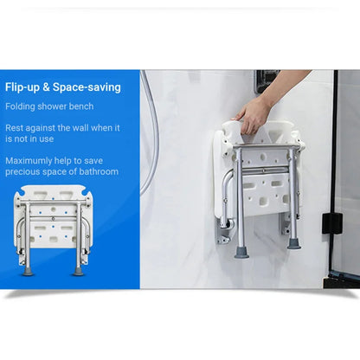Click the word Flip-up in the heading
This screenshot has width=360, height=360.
22,87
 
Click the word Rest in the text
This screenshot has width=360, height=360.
14,127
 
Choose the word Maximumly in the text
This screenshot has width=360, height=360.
28,159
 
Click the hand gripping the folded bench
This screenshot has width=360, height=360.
254,112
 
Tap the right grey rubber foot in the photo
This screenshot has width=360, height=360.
294,244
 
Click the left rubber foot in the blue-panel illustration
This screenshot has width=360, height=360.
29,271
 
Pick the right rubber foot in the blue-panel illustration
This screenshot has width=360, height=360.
79,271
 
